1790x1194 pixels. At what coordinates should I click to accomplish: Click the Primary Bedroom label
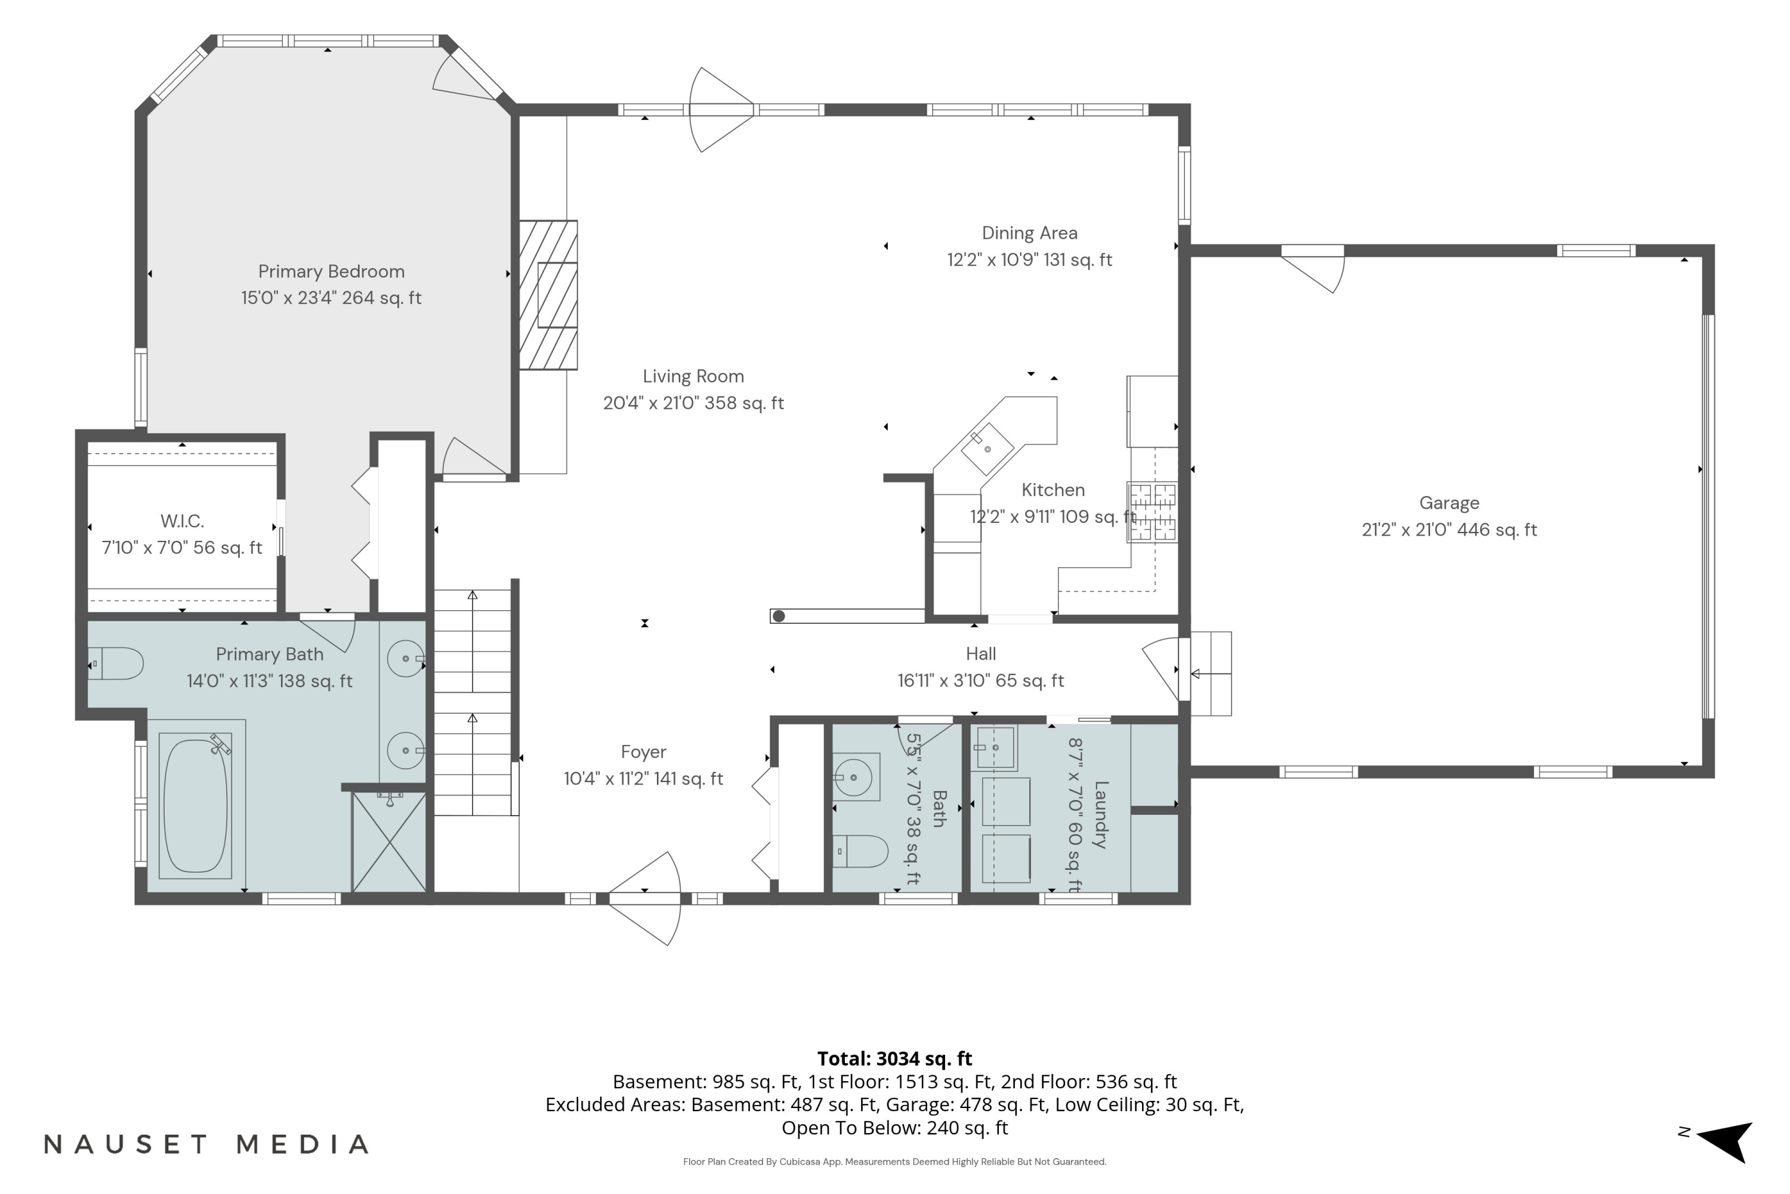[x=331, y=272]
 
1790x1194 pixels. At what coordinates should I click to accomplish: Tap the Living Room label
[x=693, y=376]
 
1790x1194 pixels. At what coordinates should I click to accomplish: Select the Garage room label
[x=1449, y=503]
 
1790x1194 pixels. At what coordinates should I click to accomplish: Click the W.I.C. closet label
[x=182, y=522]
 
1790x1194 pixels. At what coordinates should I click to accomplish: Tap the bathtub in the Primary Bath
[x=196, y=805]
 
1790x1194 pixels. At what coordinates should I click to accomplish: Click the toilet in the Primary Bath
[x=116, y=664]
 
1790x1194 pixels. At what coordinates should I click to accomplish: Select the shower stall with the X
[x=389, y=841]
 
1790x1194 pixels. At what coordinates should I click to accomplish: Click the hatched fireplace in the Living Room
[x=548, y=295]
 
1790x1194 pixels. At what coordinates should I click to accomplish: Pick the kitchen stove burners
[x=1152, y=512]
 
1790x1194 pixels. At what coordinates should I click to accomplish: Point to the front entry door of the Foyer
[x=644, y=898]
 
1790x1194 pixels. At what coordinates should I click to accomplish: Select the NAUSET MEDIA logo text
[x=206, y=1144]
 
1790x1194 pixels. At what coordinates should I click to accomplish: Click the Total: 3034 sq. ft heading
[x=894, y=1058]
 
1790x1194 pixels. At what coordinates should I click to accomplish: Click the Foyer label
[x=643, y=752]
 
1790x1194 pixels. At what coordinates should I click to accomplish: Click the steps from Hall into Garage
[x=1210, y=674]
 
